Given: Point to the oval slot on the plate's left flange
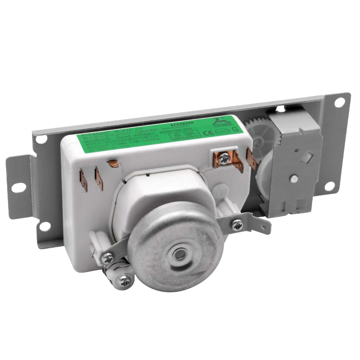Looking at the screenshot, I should tap(16, 188).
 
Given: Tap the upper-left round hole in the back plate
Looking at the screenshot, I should tap(41, 140).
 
